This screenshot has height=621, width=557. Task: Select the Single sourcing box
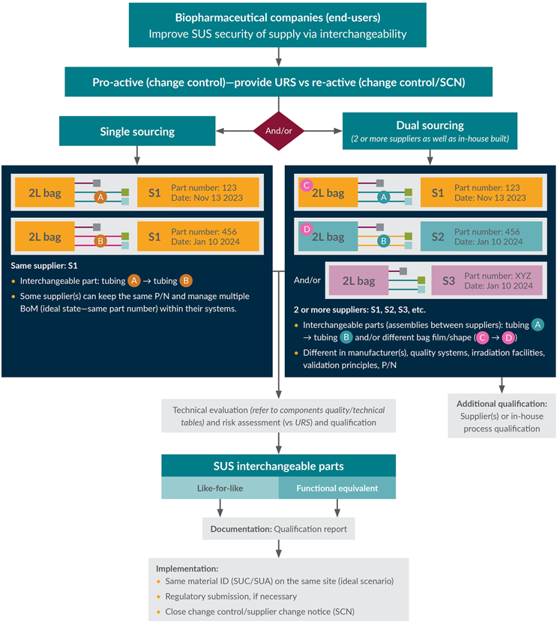[x=137, y=132]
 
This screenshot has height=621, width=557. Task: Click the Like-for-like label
[x=220, y=488]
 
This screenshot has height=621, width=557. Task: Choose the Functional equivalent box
[x=337, y=488]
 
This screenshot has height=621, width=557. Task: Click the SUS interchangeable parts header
[x=279, y=466]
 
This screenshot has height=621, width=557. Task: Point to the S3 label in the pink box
[x=448, y=281]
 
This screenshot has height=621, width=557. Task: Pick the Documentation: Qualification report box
[x=279, y=529]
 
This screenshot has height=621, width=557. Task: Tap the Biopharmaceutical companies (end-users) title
[x=279, y=17]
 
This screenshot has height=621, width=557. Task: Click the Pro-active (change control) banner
[x=279, y=82]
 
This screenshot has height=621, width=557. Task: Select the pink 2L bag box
[x=358, y=281]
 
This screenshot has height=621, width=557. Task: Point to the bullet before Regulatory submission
[x=159, y=596]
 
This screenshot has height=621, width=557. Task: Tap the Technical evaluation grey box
[x=279, y=416]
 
